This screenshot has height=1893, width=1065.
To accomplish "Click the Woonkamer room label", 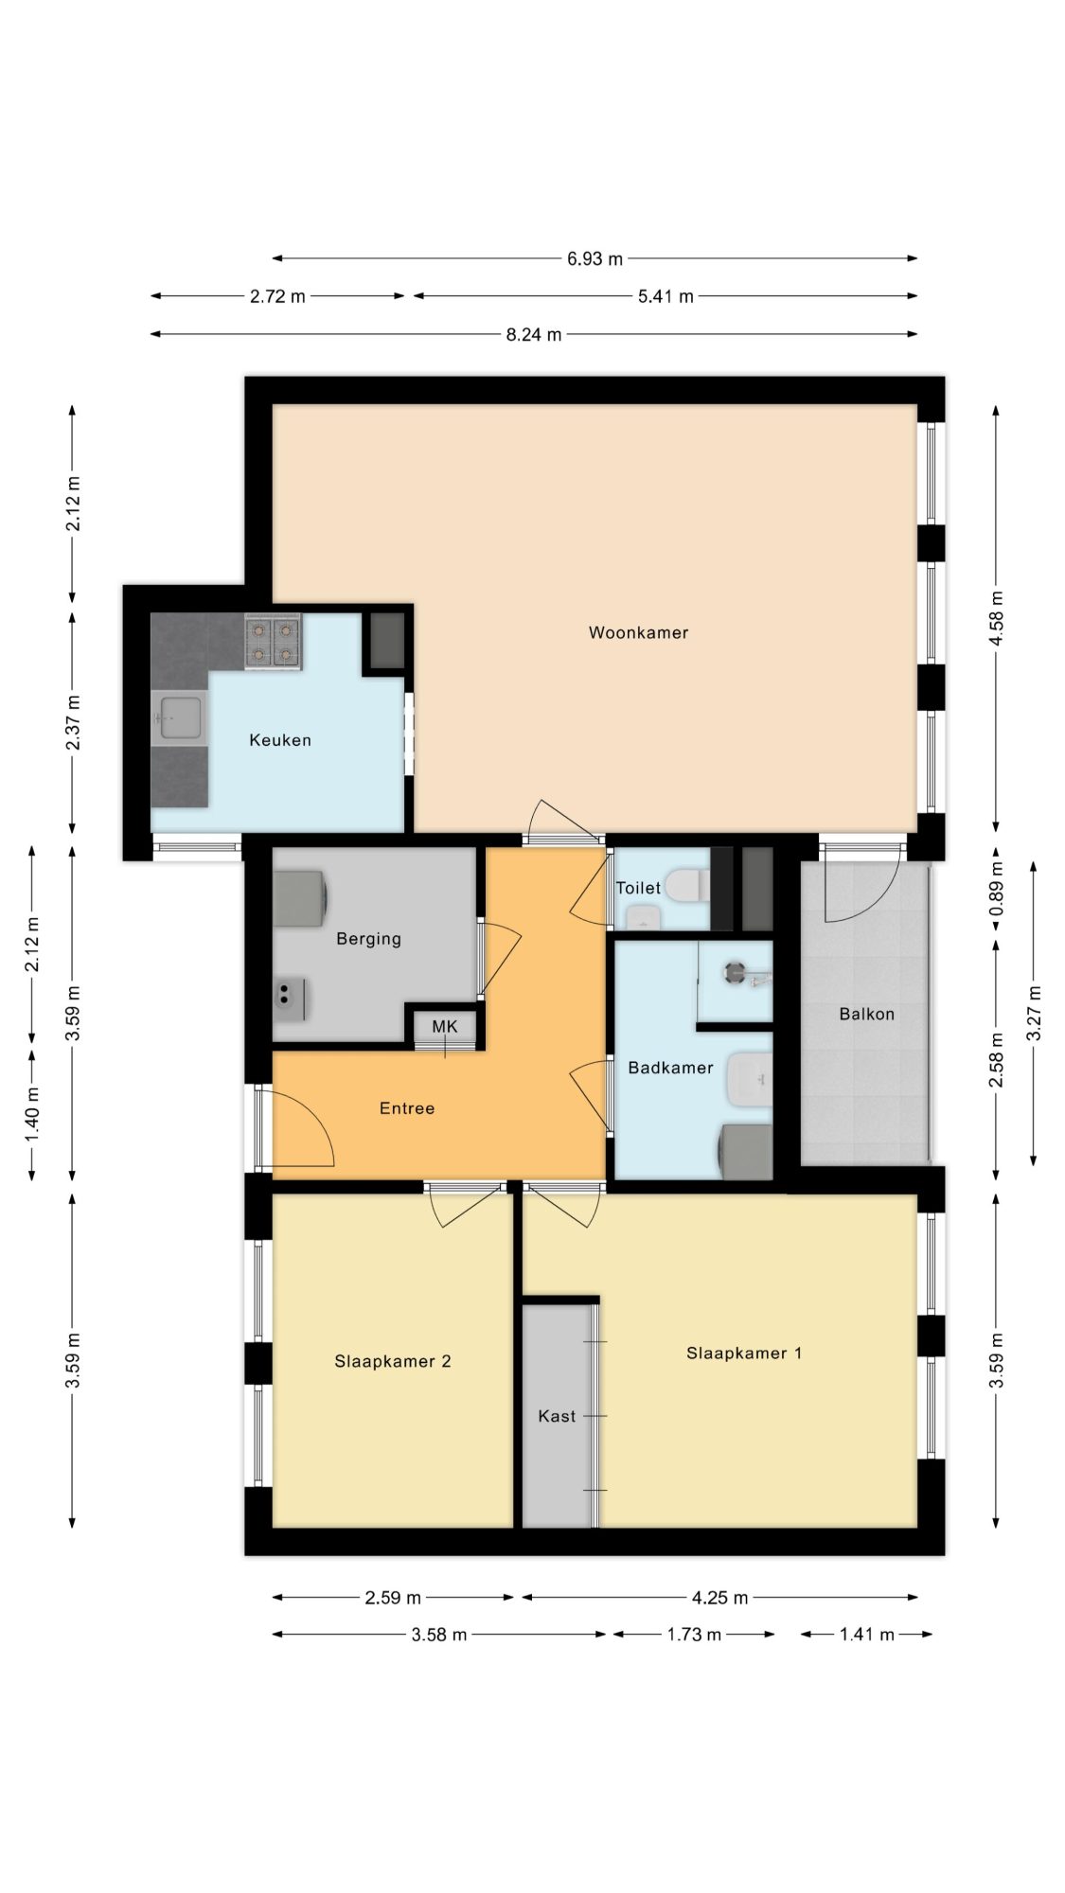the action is click(x=638, y=632).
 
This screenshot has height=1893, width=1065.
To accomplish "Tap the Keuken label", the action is click(x=280, y=740).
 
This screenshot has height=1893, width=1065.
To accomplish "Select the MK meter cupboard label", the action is click(x=445, y=1026).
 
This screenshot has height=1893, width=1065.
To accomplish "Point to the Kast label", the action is click(x=557, y=1416).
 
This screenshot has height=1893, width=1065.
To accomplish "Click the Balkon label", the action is click(x=866, y=1014).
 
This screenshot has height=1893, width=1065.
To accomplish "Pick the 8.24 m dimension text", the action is click(x=534, y=334).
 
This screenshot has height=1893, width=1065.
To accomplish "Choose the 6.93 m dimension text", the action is click(x=595, y=258).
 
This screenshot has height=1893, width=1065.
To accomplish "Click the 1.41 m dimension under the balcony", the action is click(x=867, y=1635).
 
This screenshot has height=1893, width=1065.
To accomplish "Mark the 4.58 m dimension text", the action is click(x=996, y=618).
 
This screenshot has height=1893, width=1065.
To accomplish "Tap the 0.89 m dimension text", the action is click(x=996, y=890).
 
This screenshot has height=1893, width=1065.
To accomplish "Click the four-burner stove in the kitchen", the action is click(x=273, y=642).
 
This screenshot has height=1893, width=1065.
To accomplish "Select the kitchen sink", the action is click(x=179, y=717).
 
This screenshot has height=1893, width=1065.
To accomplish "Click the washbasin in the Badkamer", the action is click(x=751, y=1079).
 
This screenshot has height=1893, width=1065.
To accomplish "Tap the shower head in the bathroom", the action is click(x=735, y=969).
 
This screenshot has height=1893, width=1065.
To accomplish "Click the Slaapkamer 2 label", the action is click(x=392, y=1362).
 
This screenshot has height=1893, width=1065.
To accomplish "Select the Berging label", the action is click(x=368, y=939).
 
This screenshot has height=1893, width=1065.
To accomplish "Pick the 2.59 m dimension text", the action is click(x=393, y=1598).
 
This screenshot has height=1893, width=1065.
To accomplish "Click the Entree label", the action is click(x=407, y=1108).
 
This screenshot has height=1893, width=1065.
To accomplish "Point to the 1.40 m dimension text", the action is click(x=33, y=1113).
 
